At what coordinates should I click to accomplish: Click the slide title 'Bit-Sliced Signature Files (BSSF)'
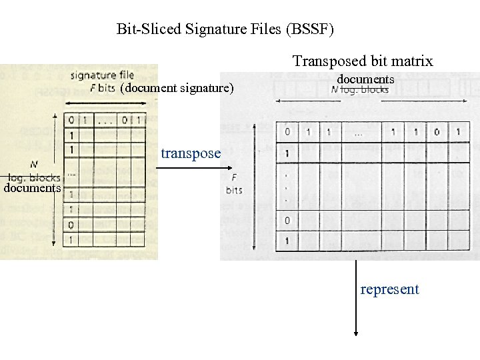[225, 29]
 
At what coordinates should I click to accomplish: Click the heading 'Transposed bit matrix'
[363, 61]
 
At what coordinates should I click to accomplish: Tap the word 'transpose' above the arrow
[191, 153]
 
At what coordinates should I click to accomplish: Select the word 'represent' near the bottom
[389, 289]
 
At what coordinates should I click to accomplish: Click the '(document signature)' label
[177, 87]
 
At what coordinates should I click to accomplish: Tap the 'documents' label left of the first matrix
[32, 188]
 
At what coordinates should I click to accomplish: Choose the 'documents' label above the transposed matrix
[365, 79]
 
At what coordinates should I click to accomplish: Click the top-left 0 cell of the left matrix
[71, 120]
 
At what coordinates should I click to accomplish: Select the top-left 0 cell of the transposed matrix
[287, 132]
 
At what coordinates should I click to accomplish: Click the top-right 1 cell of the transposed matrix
[458, 132]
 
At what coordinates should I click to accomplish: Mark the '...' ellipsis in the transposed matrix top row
[359, 133]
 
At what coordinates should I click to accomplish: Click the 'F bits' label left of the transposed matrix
[234, 184]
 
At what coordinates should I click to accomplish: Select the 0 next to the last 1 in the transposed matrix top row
[437, 132]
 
